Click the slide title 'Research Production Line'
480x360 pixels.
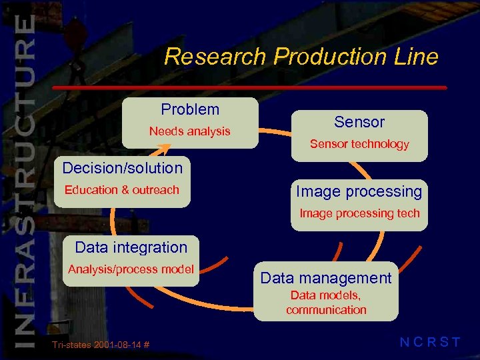(301, 57)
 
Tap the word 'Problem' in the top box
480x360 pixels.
(190, 109)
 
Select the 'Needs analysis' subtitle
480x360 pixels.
(189, 131)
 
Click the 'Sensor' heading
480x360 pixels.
(359, 122)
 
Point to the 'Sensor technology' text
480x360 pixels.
(359, 144)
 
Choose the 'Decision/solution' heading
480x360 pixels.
(122, 168)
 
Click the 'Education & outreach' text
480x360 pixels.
(122, 190)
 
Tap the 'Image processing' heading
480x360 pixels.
(359, 192)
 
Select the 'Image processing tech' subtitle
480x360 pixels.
(359, 213)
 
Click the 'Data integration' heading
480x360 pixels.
(131, 247)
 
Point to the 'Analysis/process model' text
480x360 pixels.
(131, 269)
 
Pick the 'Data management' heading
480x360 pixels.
(326, 278)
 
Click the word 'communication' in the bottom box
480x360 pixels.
(326, 310)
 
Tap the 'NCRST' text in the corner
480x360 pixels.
(430, 343)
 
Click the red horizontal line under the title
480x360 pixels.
(250, 87)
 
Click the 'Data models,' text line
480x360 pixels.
(326, 296)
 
